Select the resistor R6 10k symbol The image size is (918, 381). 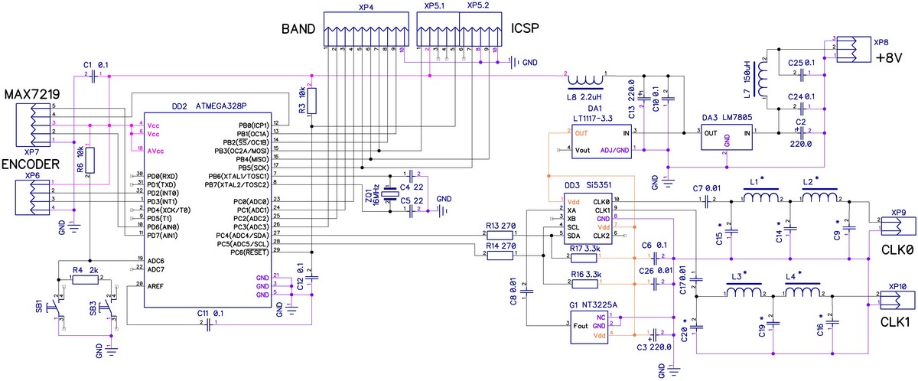(90, 161)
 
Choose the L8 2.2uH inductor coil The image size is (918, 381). (586, 80)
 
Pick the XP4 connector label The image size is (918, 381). (366, 7)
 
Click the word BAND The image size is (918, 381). (298, 30)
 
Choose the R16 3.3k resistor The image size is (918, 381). (585, 284)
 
